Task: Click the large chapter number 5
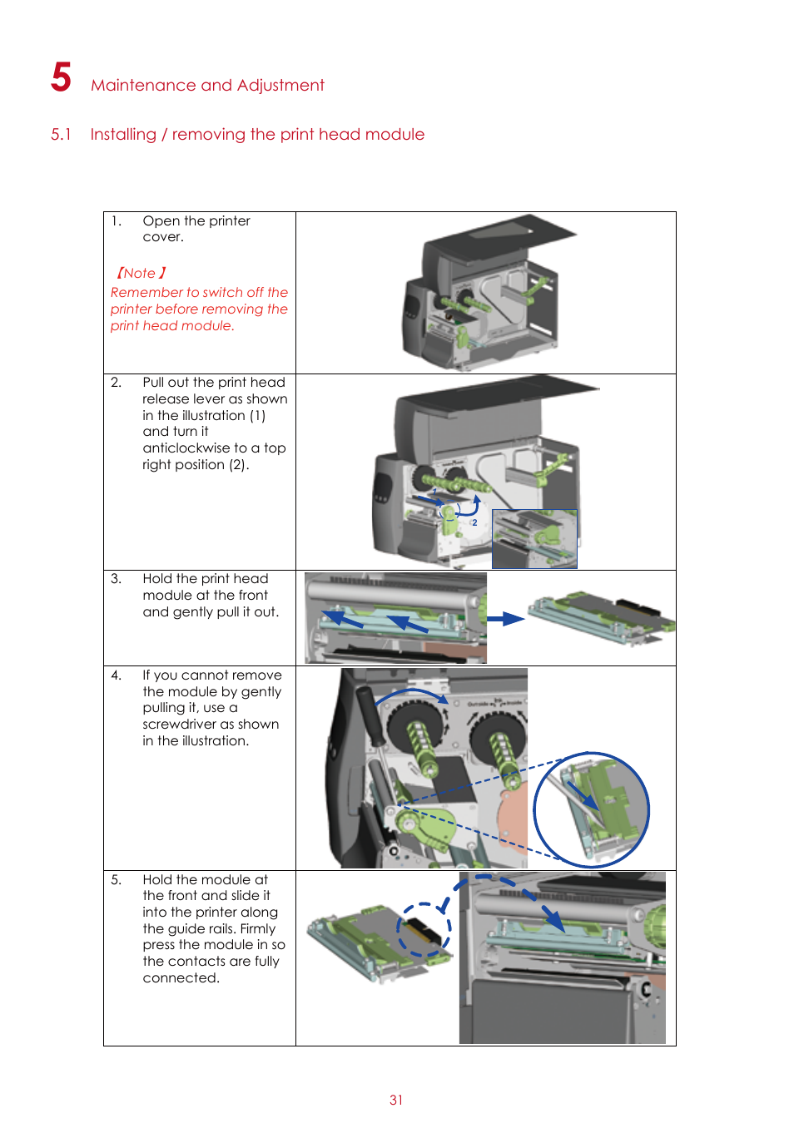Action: [x=61, y=77]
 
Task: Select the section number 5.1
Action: [x=61, y=135]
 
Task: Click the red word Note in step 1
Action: [x=140, y=274]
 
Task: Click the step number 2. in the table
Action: [x=117, y=383]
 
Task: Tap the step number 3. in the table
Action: [x=117, y=579]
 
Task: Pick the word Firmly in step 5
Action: [x=257, y=929]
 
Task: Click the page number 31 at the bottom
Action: [x=396, y=1100]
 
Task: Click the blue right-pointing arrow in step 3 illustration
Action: [x=505, y=619]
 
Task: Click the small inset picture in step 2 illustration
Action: [x=534, y=539]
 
